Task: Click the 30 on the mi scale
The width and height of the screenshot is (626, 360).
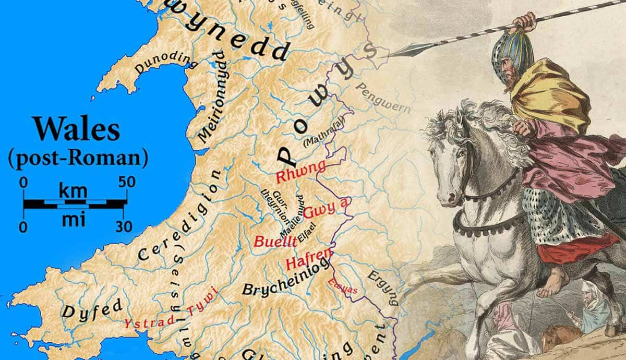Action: click(124, 226)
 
